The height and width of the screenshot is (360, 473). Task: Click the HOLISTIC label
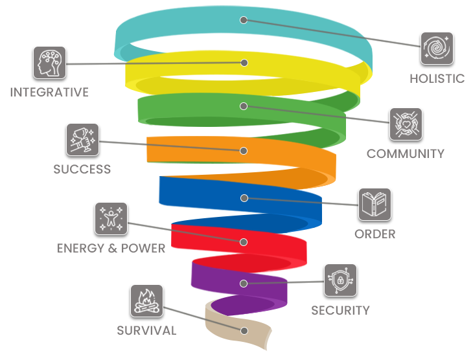pos(437,78)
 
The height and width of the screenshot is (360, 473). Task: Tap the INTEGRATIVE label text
pos(49,93)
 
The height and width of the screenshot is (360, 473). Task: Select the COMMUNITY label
pos(406,153)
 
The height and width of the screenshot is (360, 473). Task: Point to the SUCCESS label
pos(82,169)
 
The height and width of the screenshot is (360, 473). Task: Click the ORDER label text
pos(375,234)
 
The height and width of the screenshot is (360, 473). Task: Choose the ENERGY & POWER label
pos(111,248)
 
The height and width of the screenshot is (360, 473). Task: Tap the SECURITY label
pos(340,310)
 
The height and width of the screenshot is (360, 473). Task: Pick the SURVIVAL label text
pos(146,330)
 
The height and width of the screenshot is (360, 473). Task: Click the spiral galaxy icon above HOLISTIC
pos(437,49)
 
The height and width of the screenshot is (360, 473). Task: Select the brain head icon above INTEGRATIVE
pos(49,63)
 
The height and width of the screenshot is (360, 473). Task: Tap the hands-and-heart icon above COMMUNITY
pos(406,124)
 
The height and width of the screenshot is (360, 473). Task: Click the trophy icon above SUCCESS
pos(82,140)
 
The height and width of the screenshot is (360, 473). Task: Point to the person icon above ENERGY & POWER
pos(111,219)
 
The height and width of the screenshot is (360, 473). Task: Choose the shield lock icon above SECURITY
pos(340,280)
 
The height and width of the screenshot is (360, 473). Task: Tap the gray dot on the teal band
pos(244,20)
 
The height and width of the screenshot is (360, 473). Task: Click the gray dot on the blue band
pos(244,198)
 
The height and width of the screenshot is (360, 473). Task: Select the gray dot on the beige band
pos(244,330)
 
